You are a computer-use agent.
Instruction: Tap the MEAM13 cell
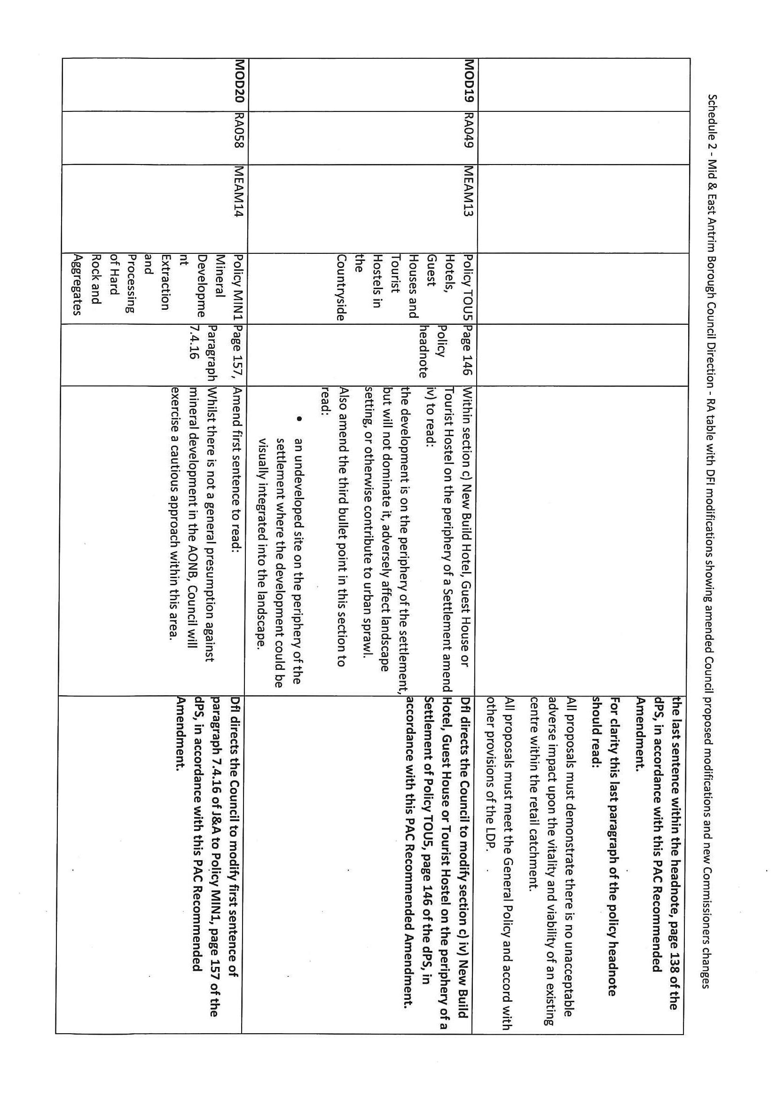click(468, 191)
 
